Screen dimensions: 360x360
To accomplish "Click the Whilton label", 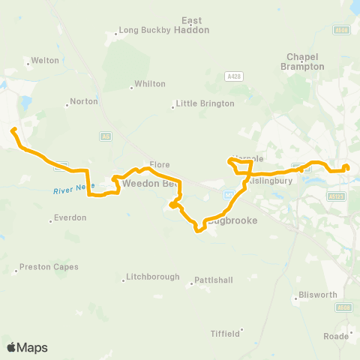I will point(148,85).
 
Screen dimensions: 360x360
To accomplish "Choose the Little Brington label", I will point(205,104).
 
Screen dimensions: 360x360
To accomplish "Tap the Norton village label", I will point(83,101).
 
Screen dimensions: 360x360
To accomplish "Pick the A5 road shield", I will point(106,136).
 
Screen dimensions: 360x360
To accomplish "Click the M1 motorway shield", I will point(229,193).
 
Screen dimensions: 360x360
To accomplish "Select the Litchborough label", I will point(153,277).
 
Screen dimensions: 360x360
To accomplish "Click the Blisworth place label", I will point(317,295).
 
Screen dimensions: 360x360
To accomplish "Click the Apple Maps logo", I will point(26,347).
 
